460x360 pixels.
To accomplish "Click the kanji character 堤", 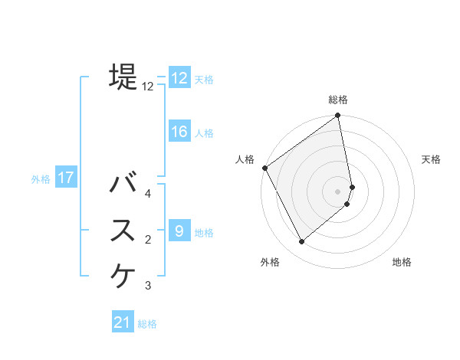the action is pos(123,77).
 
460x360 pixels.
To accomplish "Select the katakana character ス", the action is pos(123,231).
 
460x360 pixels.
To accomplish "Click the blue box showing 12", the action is pos(179,78).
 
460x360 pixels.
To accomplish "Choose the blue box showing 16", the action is pos(179,132).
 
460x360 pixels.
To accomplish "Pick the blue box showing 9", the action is pos(179,231).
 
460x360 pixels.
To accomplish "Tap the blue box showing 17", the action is pos(66,178).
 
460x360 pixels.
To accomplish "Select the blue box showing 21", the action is pos(123,322).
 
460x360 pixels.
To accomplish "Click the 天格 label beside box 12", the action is pos(203,80).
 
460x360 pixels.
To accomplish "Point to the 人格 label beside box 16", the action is pos(203,133).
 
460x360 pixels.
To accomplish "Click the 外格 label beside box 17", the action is pos(41,180).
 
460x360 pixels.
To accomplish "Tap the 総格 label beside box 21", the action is pos(147,324).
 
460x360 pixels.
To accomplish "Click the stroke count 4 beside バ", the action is pos(148,193).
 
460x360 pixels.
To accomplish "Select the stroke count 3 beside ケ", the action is pos(148,286).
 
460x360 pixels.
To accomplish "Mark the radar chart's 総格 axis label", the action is pos(338,100).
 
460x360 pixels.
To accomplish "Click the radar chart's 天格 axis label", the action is pos(432,159).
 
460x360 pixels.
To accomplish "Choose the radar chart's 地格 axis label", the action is pos(402,262).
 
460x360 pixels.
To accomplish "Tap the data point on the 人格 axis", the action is pos(264,168).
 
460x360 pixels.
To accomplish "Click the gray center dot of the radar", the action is pos(338,191).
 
